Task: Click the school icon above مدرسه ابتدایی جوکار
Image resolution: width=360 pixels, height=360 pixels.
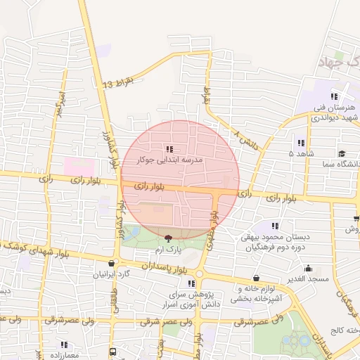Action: (x=169, y=149)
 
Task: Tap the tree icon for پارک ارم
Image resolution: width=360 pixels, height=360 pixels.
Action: (x=167, y=239)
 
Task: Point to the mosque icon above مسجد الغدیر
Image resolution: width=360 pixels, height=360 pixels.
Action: (x=308, y=268)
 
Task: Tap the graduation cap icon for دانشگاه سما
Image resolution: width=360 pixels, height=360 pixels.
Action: (x=342, y=153)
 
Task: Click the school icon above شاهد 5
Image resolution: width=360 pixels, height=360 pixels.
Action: (x=302, y=143)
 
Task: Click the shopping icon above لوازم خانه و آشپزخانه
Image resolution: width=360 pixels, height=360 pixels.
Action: (x=255, y=278)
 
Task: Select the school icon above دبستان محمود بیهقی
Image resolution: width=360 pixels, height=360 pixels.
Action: (x=275, y=226)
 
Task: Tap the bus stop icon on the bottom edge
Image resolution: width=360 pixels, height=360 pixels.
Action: (x=112, y=351)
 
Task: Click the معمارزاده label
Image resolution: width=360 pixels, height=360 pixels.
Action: (x=65, y=355)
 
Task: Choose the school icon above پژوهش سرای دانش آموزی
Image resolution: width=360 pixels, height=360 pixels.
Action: (x=191, y=283)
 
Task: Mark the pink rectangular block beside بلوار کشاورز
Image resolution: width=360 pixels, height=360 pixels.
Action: (x=78, y=167)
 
